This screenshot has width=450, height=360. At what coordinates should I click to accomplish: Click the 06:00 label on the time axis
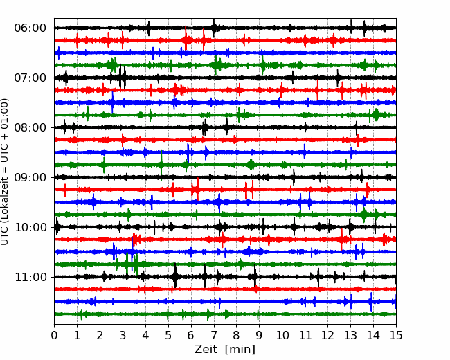point(30,28)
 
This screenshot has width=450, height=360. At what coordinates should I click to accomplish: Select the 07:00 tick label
point(30,78)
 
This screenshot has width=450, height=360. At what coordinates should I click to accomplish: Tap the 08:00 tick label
point(30,127)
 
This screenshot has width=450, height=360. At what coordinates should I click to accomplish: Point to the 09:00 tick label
point(30,177)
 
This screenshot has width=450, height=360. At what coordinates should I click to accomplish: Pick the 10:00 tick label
point(30,227)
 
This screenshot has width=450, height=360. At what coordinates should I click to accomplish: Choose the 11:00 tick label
point(30,277)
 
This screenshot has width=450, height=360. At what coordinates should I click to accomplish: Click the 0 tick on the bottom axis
point(54,335)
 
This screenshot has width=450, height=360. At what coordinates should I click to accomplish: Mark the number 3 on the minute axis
point(123,335)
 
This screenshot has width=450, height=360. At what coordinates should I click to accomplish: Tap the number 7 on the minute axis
point(214,335)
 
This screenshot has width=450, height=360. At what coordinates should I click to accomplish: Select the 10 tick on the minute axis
point(282,335)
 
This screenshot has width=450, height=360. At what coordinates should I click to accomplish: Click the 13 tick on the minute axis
point(350,335)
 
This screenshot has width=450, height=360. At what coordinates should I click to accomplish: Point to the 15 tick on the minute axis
point(396,335)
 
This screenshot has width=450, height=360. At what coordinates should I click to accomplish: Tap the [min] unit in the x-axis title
point(240,350)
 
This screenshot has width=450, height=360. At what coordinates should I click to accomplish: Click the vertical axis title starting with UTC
point(5,172)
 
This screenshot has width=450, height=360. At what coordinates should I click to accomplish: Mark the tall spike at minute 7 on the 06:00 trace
point(213,28)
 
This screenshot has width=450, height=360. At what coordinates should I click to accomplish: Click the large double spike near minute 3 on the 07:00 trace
point(123,77)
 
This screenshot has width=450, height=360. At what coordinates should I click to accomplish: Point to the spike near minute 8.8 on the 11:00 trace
point(255,276)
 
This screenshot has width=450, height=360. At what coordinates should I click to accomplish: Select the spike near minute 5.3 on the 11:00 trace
point(175,276)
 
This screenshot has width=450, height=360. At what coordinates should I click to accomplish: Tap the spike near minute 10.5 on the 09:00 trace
point(294,177)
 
